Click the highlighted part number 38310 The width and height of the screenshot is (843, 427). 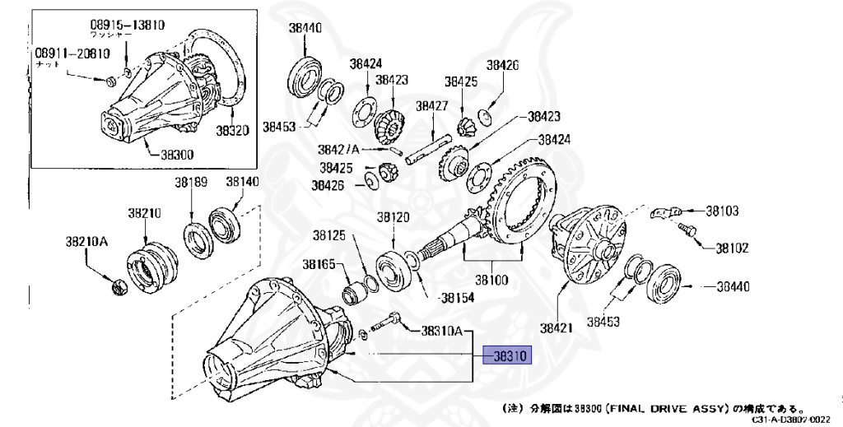coord(508,355)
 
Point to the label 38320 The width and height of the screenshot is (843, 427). coord(234,130)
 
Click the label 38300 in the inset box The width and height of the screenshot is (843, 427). coord(177,154)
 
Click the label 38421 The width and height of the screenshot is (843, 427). coord(557,328)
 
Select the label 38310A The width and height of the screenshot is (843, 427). coord(442,332)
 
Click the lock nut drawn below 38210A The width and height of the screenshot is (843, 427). coord(118,287)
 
